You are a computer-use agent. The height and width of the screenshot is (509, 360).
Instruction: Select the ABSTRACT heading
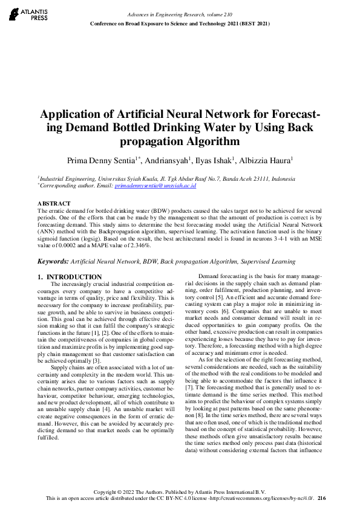click(54, 203)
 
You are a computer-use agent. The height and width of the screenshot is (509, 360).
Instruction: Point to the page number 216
click(321, 498)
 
